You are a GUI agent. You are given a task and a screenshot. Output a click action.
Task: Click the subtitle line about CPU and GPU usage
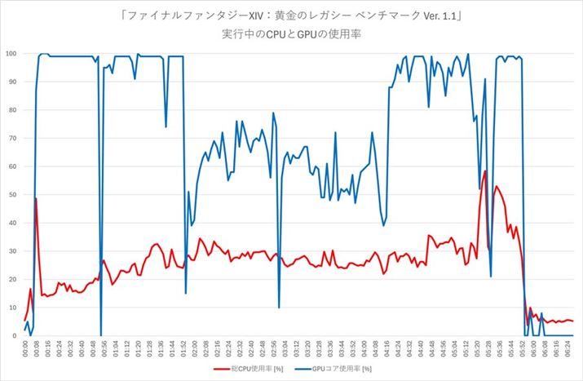click(x=291, y=35)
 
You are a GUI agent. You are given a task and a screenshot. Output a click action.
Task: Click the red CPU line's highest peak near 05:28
click(x=485, y=171)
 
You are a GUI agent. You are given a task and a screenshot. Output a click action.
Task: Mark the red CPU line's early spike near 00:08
click(x=36, y=198)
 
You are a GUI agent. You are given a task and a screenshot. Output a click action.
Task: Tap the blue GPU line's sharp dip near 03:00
click(x=279, y=307)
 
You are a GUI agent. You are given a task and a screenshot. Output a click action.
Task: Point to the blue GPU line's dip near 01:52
click(x=185, y=292)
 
